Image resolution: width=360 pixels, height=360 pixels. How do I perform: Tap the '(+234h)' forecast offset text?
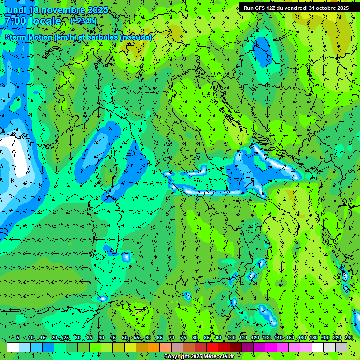pyautogui.click(x=83, y=21)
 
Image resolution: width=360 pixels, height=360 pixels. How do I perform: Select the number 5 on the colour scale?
pyautogui.click(x=18, y=338)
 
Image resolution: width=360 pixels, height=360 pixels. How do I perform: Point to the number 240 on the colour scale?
pyautogui.click(x=349, y=338)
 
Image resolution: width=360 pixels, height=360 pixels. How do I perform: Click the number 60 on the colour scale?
pyautogui.click(x=148, y=338)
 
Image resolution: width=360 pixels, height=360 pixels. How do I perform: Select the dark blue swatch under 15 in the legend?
pyautogui.click(x=48, y=347)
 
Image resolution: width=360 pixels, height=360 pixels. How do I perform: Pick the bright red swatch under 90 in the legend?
pyautogui.click(x=212, y=347)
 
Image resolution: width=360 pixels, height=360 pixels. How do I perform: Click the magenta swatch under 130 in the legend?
pyautogui.click(x=259, y=347)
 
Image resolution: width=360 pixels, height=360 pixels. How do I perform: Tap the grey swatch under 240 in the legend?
pyautogui.click(x=341, y=347)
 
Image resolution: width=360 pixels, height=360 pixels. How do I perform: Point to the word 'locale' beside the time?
pyautogui.click(x=45, y=21)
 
